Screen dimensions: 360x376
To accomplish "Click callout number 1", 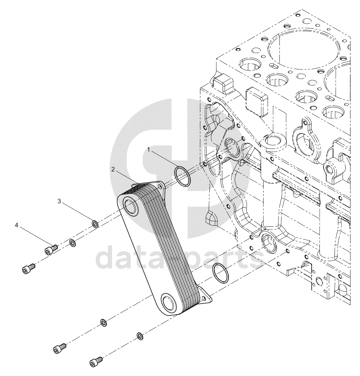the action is point(148,150).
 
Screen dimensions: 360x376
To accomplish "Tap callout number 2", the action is point(113,169).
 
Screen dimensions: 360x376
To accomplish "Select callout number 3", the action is point(59,201).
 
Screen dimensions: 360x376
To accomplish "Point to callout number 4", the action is point(16,225).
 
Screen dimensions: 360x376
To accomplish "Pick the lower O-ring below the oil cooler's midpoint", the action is point(221,274).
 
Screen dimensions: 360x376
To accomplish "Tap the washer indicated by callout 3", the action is point(95,224).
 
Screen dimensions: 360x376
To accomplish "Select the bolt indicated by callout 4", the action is point(51,249).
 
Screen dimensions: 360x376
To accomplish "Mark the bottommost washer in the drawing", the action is point(140,336).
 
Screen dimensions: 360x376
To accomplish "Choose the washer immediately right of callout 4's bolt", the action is point(72,243).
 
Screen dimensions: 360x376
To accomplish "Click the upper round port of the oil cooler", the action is point(130,206).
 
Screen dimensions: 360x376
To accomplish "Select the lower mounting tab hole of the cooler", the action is point(204,298).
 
